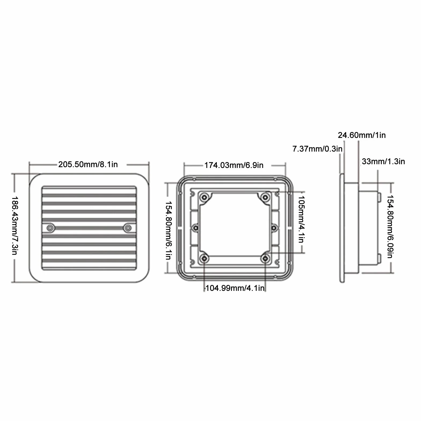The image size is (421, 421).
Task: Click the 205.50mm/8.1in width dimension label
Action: [x=88, y=164]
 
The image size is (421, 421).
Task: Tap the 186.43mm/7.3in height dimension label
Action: [x=15, y=225]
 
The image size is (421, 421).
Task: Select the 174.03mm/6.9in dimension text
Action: [x=234, y=165]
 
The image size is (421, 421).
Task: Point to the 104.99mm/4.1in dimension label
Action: [x=235, y=288]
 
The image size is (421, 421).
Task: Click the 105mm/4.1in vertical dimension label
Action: [x=301, y=219]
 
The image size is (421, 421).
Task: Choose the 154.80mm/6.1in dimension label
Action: [x=168, y=230]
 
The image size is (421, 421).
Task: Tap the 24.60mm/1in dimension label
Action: [x=362, y=135]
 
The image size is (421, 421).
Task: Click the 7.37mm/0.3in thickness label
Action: [x=317, y=149]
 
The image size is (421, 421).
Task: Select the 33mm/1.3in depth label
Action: [x=383, y=161]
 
